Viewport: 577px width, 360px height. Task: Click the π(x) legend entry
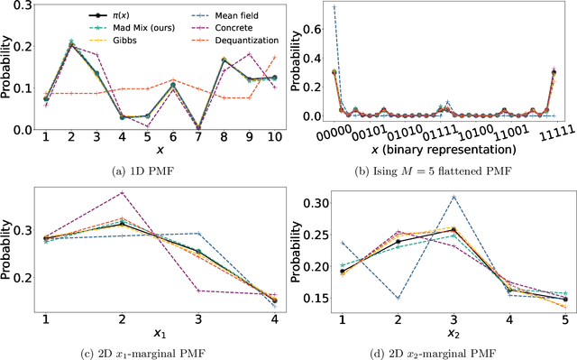click(94, 14)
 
